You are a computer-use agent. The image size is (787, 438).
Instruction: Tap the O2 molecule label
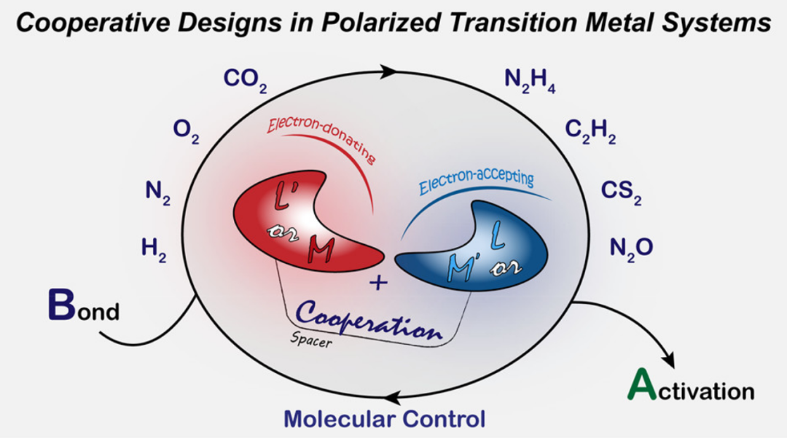[x=186, y=132]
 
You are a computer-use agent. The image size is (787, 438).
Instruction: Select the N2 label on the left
[x=157, y=192]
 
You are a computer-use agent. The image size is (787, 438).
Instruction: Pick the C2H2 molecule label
[x=590, y=132]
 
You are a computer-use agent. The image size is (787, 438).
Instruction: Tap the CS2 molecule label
[x=621, y=192]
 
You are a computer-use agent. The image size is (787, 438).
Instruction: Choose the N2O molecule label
[x=631, y=249]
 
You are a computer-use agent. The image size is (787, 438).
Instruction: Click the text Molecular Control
[x=384, y=419]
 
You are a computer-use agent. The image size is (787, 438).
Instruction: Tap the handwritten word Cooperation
[x=370, y=323]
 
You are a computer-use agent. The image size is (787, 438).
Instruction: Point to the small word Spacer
[x=310, y=340]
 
